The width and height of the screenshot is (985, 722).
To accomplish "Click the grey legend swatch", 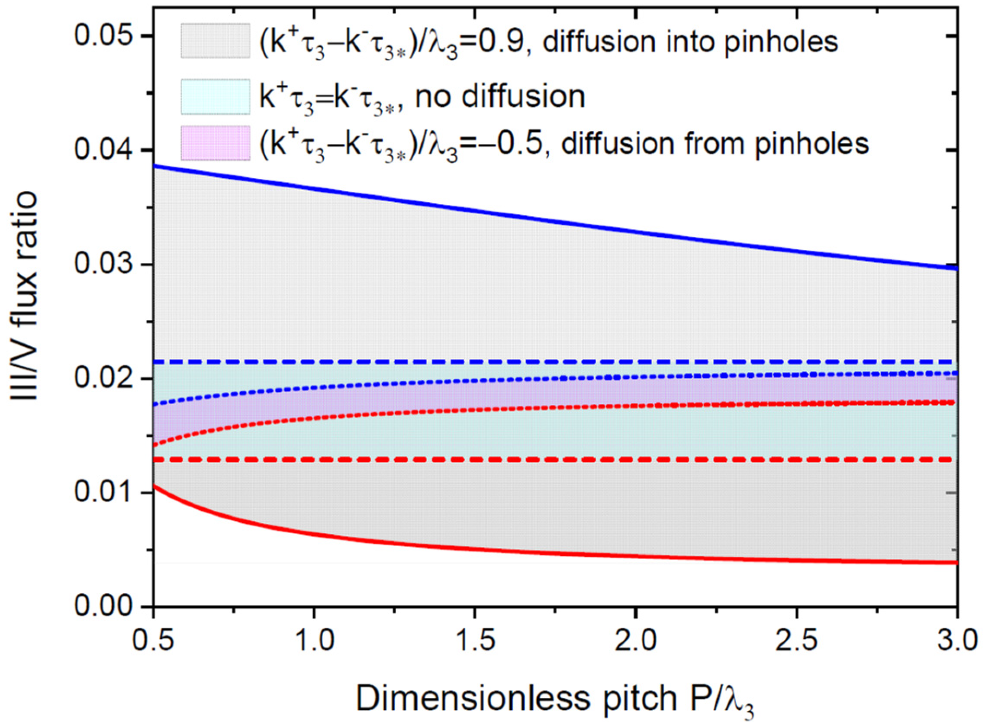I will point(216,41).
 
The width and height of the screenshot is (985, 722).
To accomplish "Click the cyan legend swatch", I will point(216,97).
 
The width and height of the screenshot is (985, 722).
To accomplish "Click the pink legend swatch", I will point(216,143).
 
